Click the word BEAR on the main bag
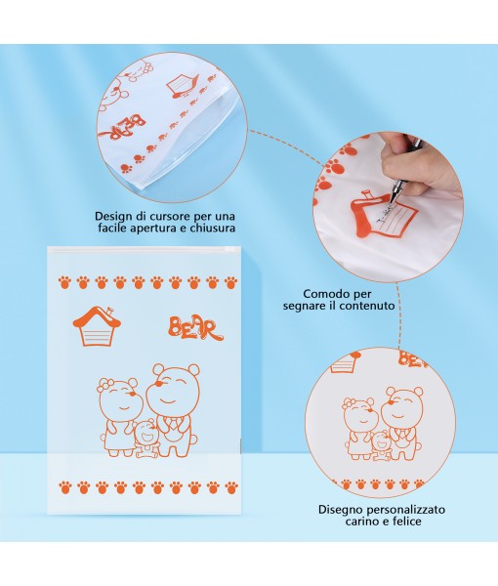[x=195, y=328]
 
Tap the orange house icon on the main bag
[x=97, y=326]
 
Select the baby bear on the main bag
[x=145, y=439]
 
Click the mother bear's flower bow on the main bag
[x=105, y=385]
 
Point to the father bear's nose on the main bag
[x=159, y=384]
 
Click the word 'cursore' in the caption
[x=170, y=216]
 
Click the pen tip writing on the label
[x=392, y=202]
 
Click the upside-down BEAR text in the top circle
[x=124, y=128]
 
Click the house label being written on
[x=384, y=213]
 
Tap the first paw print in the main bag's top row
[x=65, y=282]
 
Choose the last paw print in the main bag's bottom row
[x=231, y=487]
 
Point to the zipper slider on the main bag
[x=227, y=249]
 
